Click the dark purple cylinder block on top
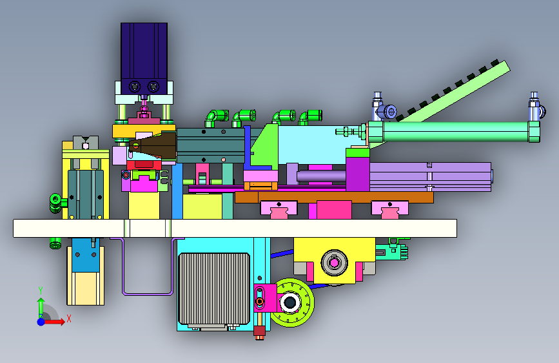(144, 58)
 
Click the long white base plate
(235, 228)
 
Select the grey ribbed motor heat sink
(214, 289)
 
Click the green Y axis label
(41, 291)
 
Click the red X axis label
(69, 318)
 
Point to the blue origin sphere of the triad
(41, 322)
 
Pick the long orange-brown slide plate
(334, 197)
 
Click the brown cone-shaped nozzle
(153, 145)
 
